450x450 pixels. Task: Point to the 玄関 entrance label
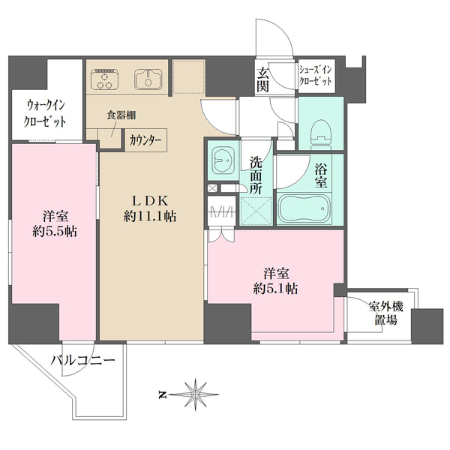tap(264, 79)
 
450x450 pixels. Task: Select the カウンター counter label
tap(143, 139)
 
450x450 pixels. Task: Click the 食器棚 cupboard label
tap(120, 116)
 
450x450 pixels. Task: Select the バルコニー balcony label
tap(82, 361)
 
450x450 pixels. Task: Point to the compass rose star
tap(196, 391)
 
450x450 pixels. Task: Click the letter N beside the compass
tap(162, 392)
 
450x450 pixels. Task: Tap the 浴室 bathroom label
tap(322, 174)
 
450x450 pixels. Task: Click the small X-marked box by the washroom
tap(211, 188)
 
